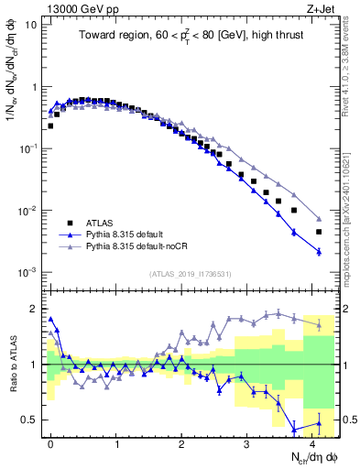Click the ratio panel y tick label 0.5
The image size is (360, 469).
tap(30, 420)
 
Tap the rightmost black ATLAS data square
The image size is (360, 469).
tap(319, 232)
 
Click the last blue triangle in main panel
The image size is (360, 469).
tap(319, 251)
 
